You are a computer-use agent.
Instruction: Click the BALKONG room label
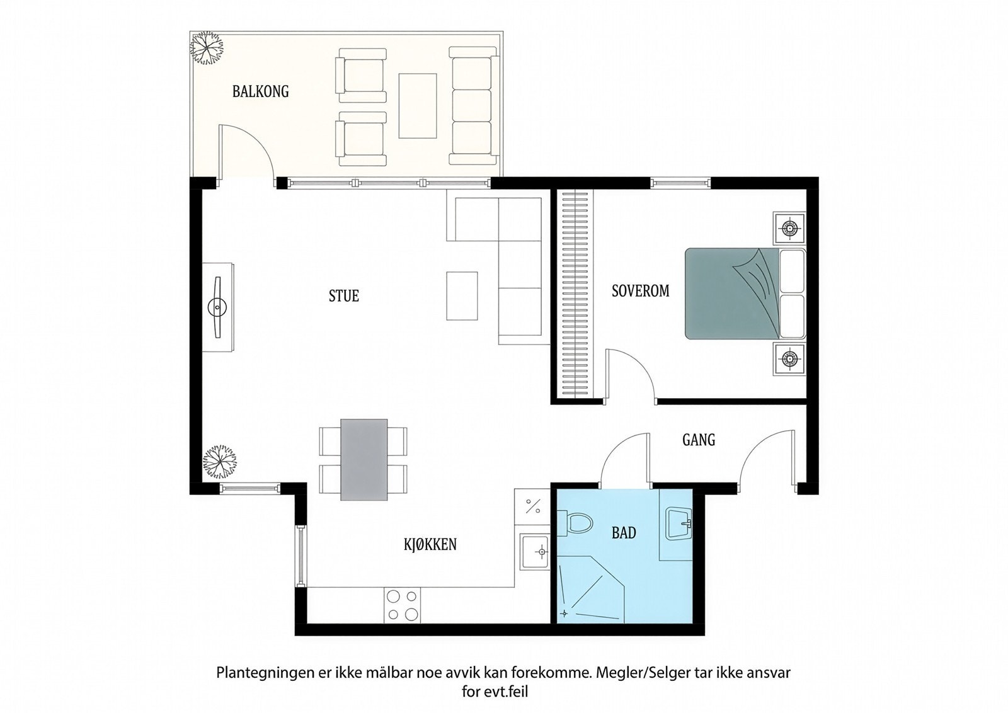[x=261, y=91]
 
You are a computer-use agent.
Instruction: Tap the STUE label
[x=344, y=295]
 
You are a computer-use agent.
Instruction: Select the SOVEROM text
[x=640, y=290]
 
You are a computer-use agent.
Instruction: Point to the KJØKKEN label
[x=430, y=544]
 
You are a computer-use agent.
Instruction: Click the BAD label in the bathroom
[x=624, y=533]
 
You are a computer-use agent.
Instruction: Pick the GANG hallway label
[x=699, y=440]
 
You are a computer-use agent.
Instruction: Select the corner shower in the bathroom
[x=592, y=590]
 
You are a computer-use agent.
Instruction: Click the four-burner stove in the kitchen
[x=402, y=605]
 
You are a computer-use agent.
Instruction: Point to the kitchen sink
[x=535, y=552]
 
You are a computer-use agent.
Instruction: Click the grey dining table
[x=364, y=459]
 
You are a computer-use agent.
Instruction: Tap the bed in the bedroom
[x=745, y=294]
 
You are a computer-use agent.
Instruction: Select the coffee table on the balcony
[x=418, y=106]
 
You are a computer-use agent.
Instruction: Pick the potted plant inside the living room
[x=219, y=462]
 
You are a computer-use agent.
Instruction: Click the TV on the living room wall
[x=218, y=307]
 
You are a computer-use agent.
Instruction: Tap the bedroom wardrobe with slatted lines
[x=575, y=294]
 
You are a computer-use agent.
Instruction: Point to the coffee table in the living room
[x=462, y=295]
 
